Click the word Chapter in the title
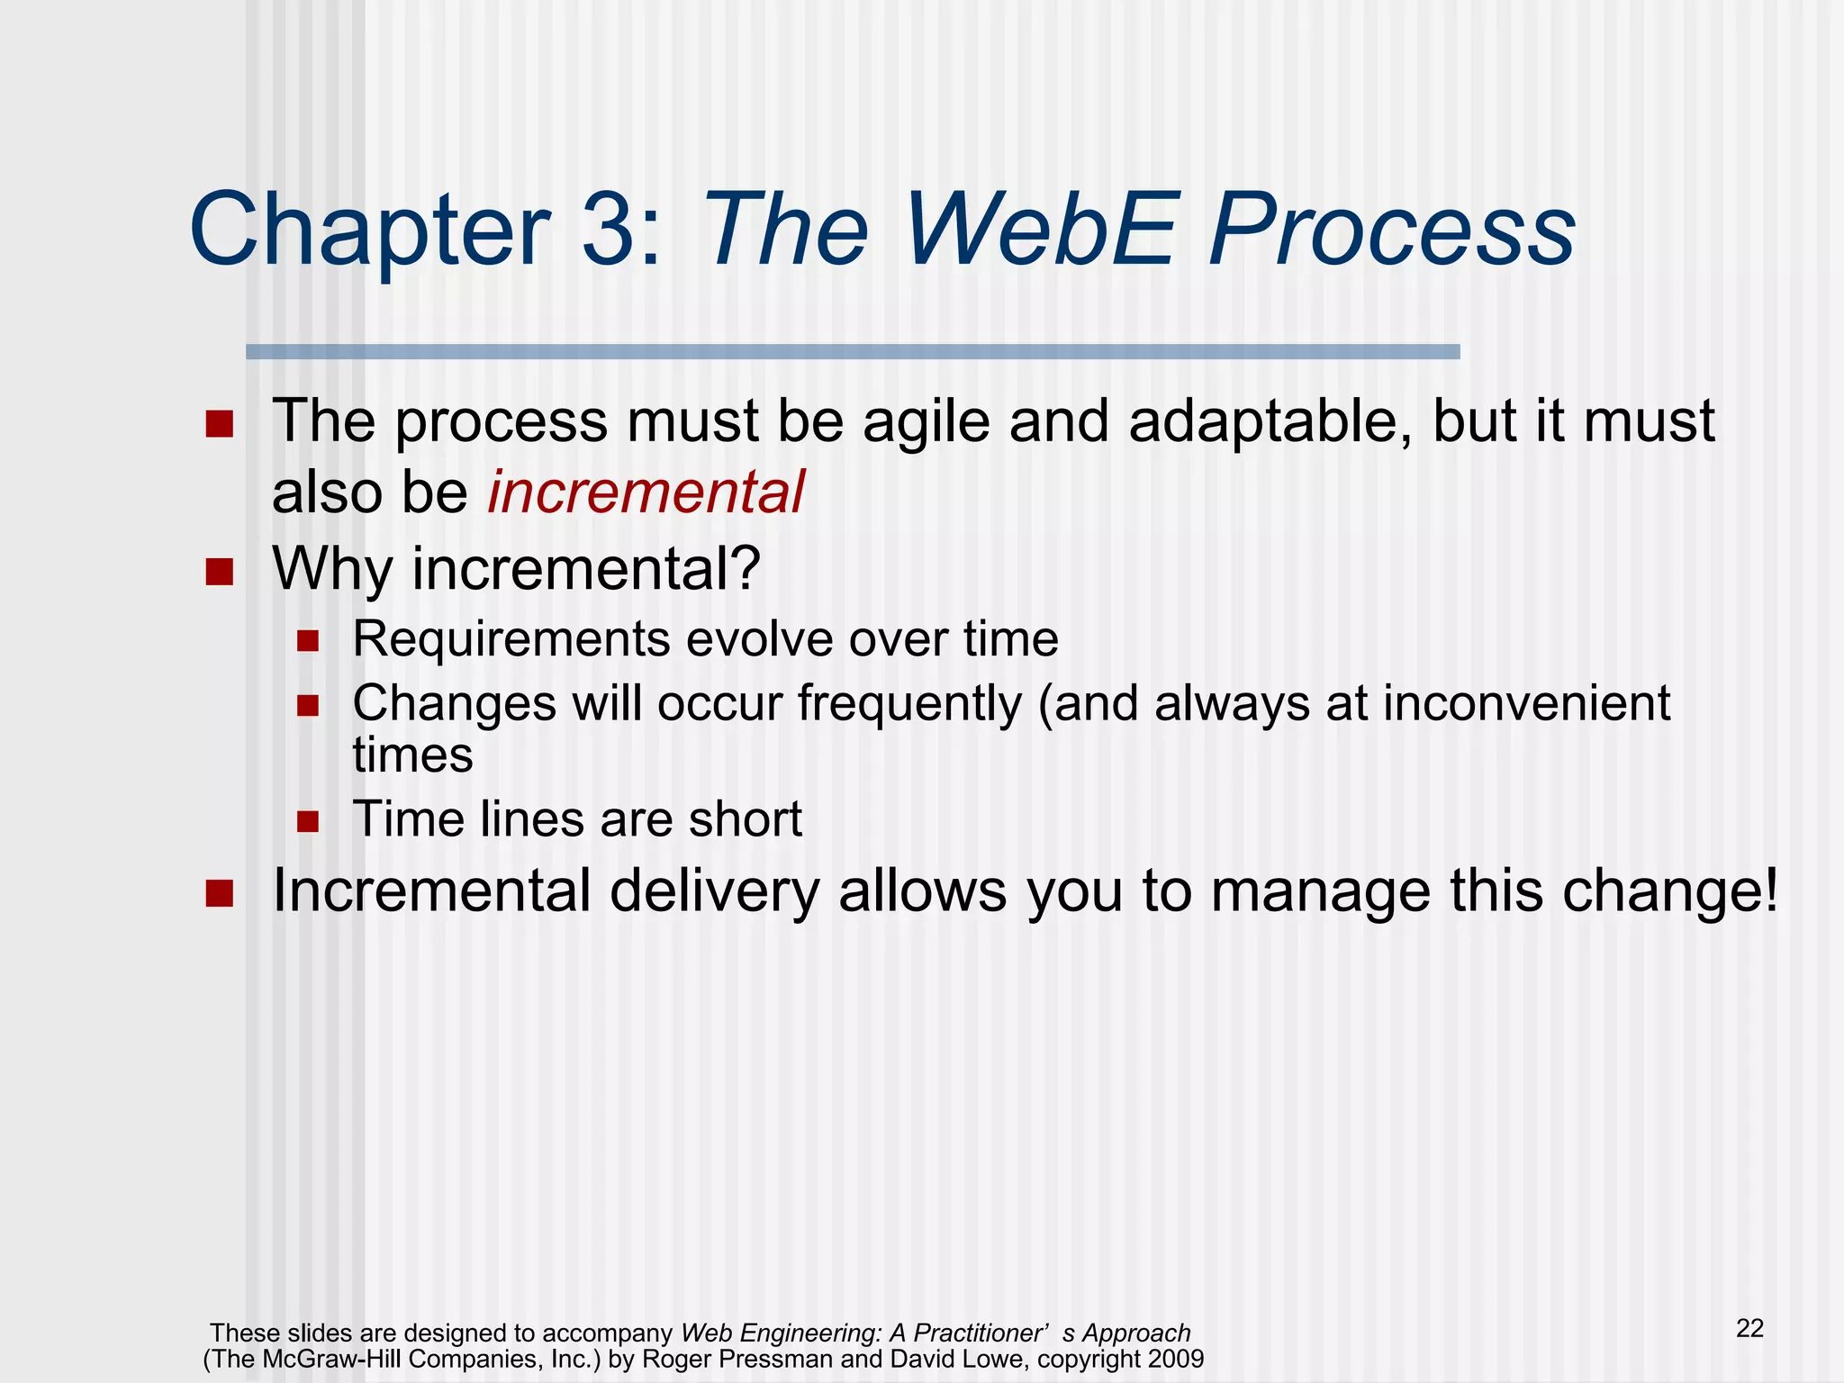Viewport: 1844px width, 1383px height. click(369, 230)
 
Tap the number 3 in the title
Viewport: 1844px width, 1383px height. click(610, 230)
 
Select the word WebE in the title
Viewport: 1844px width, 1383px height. click(1040, 230)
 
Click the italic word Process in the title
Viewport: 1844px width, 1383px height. click(1391, 230)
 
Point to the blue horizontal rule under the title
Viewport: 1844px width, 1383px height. click(852, 352)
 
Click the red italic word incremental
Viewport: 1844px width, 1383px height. click(646, 493)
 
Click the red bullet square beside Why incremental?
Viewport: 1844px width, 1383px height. click(219, 571)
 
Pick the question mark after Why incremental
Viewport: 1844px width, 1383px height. click(746, 568)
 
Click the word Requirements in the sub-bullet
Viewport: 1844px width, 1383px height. click(511, 639)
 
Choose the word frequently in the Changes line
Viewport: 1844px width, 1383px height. click(909, 703)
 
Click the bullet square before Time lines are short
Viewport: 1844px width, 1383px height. click(308, 821)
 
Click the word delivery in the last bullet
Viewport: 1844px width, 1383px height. click(714, 891)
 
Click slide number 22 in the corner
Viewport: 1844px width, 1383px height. click(1749, 1328)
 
